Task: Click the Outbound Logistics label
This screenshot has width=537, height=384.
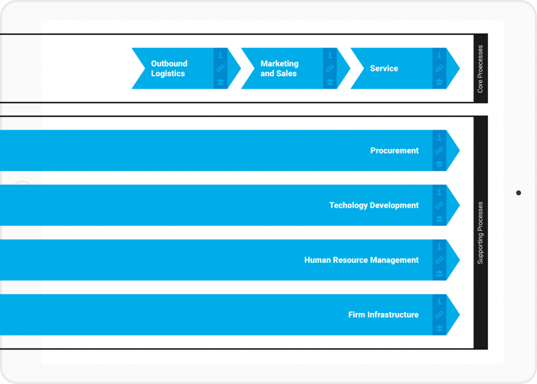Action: coord(168,69)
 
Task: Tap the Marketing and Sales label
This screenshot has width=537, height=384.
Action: coord(279,69)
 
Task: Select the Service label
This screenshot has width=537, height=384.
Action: coord(384,69)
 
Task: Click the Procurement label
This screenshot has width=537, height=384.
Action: coord(394,151)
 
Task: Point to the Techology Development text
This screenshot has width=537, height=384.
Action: coord(374,205)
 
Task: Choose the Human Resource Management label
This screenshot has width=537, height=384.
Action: coord(361,260)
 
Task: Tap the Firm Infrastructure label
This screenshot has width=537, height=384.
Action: coord(383,315)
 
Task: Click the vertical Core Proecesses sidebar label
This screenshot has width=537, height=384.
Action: coord(480,69)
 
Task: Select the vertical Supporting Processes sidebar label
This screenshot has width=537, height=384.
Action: coord(480,232)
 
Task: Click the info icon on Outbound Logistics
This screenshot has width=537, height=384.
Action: coord(220,55)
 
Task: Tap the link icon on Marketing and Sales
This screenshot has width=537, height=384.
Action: coord(330,69)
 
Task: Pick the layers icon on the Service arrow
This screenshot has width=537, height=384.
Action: coord(439,82)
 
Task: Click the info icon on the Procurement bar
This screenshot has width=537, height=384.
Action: coord(439,137)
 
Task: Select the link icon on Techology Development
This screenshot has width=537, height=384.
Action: coord(439,205)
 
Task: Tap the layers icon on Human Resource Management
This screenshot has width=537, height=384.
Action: coord(439,273)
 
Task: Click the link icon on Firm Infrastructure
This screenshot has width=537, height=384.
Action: coord(439,315)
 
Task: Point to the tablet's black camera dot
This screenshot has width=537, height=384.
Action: coord(519,193)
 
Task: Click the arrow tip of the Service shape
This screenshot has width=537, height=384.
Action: coord(455,69)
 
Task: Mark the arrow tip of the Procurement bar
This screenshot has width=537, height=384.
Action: coord(455,151)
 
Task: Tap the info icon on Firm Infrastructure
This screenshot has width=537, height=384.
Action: coord(439,301)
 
